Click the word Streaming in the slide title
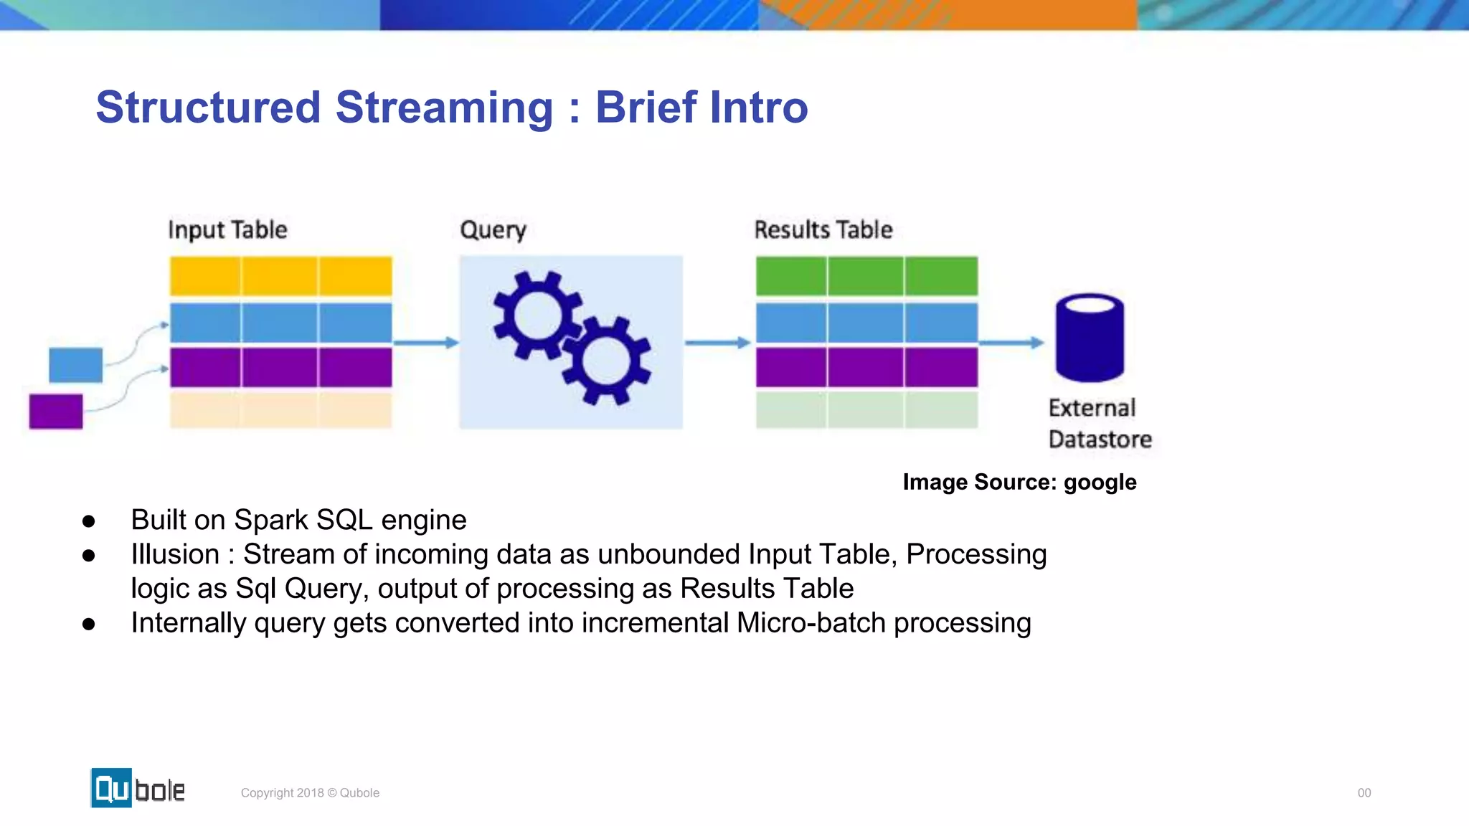[444, 108]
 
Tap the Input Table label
[227, 229]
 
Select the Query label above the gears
[493, 229]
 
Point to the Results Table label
[823, 229]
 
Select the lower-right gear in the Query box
[606, 361]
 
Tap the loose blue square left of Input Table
[75, 364]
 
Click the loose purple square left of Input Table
[56, 411]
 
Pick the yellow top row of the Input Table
[280, 276]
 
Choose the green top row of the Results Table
[866, 276]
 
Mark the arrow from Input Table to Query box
[426, 343]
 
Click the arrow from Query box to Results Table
[717, 343]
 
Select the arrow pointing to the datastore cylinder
[1011, 343]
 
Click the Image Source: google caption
[1019, 482]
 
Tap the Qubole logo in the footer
[138, 788]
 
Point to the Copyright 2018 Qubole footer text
[310, 792]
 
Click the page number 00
[1364, 792]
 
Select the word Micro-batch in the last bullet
[811, 622]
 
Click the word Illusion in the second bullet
[175, 554]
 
